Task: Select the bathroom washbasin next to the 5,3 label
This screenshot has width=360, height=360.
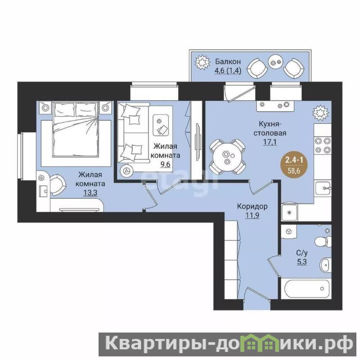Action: (325, 265)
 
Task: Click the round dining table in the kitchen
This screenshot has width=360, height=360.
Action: (227, 157)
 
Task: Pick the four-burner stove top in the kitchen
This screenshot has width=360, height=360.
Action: (323, 145)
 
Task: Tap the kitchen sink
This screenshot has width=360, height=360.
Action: (323, 188)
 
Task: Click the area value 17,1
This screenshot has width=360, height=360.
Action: (270, 142)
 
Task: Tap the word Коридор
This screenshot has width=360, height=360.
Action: (252, 206)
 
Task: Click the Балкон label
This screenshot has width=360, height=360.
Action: (228, 62)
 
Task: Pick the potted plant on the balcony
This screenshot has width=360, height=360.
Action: (202, 62)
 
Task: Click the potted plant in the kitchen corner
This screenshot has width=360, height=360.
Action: (321, 112)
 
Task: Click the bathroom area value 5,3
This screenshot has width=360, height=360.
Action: (301, 262)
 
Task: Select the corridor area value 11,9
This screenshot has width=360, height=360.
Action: (252, 216)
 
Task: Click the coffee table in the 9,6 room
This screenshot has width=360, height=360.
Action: (161, 125)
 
